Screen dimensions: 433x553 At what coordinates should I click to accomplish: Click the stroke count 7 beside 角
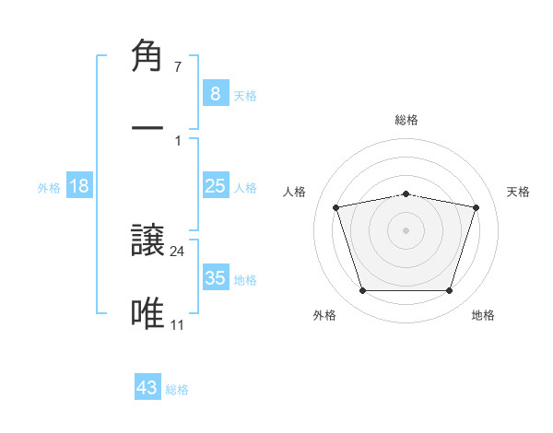(x=177, y=67)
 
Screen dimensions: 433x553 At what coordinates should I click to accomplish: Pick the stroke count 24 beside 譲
(x=178, y=252)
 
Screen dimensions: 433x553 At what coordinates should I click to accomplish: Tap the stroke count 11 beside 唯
(x=178, y=324)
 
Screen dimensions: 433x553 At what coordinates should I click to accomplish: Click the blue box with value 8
(x=215, y=94)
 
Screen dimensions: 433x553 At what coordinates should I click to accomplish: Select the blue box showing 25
(x=215, y=186)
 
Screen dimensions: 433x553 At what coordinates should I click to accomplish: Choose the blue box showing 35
(x=215, y=278)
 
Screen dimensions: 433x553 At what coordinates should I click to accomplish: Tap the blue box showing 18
(x=79, y=186)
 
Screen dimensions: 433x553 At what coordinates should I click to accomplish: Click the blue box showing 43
(x=147, y=388)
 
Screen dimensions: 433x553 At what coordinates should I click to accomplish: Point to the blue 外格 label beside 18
(x=49, y=187)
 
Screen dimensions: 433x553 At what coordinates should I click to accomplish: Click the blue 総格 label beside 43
(x=177, y=390)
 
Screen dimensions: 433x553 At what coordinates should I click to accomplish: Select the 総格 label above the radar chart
(x=406, y=120)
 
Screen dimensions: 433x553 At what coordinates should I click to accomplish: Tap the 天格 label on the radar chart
(x=519, y=192)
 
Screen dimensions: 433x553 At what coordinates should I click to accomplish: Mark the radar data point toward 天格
(x=476, y=207)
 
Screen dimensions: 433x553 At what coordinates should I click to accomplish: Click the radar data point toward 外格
(x=362, y=291)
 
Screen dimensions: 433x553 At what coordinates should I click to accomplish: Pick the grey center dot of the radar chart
(x=406, y=230)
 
